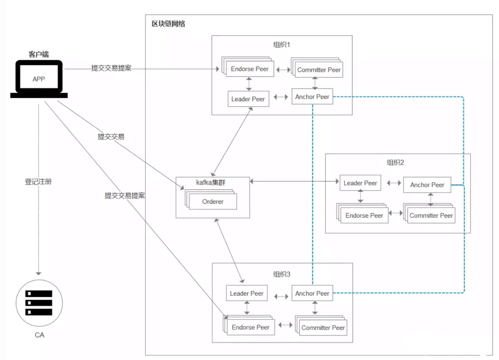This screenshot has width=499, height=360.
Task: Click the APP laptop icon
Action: coord(39,79)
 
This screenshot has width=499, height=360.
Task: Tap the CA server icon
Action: coord(39,303)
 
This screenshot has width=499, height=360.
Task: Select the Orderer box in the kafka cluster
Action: coord(213,202)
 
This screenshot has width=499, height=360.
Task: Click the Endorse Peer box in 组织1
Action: coord(250,69)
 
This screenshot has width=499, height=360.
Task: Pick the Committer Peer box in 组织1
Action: coord(319,70)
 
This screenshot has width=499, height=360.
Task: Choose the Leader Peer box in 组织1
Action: coord(248,99)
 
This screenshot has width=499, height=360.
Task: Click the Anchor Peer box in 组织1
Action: coord(312,97)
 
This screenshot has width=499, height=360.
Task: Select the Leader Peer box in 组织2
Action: coord(360,183)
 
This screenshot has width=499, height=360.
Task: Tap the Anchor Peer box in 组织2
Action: coord(427,185)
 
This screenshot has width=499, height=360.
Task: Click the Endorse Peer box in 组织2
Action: coord(364,215)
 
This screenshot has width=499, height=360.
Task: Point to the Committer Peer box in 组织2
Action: coord(431,215)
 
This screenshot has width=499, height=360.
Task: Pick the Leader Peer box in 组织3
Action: coord(247,293)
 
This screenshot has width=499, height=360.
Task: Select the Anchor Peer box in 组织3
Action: coord(312,293)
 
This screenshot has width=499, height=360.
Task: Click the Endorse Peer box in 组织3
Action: coord(251,327)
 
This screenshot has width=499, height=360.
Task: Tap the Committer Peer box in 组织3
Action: coord(323,328)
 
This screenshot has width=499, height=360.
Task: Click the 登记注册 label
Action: coord(38,181)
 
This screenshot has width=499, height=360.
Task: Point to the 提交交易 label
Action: coord(111,137)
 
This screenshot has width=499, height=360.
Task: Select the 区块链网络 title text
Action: coord(168,24)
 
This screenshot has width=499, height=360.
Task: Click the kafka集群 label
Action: coord(211,182)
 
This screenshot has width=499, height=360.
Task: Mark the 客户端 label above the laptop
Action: coord(39,54)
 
